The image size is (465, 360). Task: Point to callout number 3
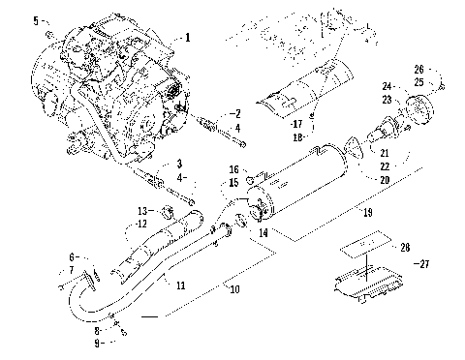[x=179, y=163]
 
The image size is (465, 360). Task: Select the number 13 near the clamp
[x=141, y=210]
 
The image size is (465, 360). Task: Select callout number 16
[x=234, y=168]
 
